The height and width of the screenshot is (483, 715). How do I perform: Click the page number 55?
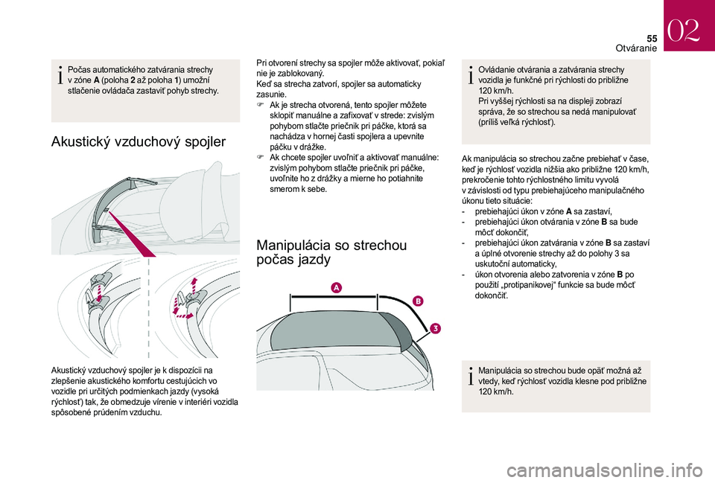pyautogui.click(x=651, y=39)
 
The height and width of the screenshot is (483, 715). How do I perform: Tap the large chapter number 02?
pyautogui.click(x=684, y=31)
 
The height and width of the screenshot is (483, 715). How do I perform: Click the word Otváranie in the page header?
pyautogui.click(x=636, y=48)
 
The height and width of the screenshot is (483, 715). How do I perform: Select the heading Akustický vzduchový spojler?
pyautogui.click(x=139, y=141)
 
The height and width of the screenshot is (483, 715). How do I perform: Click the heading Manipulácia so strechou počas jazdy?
pyautogui.click(x=331, y=252)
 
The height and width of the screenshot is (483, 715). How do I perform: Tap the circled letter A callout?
pyautogui.click(x=336, y=287)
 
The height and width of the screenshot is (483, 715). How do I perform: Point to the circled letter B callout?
pyautogui.click(x=418, y=301)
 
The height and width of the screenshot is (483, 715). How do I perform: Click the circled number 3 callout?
pyautogui.click(x=435, y=328)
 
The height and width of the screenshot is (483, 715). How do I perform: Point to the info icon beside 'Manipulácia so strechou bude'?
pyautogui.click(x=471, y=376)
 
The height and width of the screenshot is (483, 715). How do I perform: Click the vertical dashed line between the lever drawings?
pyautogui.click(x=149, y=307)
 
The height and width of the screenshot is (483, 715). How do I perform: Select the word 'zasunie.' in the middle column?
pyautogui.click(x=271, y=95)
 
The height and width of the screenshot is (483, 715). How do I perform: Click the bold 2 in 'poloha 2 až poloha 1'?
pyautogui.click(x=133, y=80)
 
